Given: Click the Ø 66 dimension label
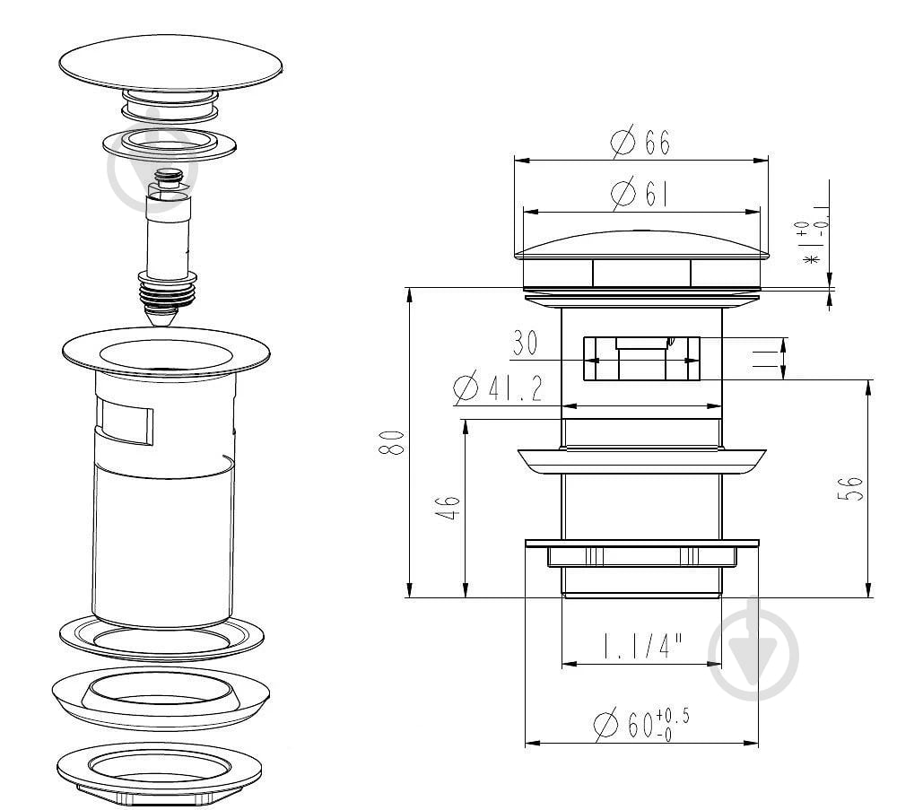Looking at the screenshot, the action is [640, 142].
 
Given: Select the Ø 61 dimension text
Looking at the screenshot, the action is [640, 194].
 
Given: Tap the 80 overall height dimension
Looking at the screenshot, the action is [391, 443].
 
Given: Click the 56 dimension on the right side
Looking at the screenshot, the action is [850, 488].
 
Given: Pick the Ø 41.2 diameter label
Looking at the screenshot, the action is [498, 388].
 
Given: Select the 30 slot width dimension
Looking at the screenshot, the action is [525, 344].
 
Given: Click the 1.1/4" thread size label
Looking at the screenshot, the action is [641, 647].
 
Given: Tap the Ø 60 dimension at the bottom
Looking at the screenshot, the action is [641, 724].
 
